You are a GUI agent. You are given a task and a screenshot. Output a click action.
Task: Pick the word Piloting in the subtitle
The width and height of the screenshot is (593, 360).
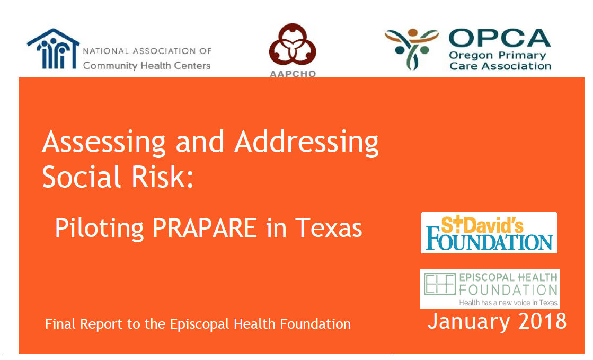[99, 229]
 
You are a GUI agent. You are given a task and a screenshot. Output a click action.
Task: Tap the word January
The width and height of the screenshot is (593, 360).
[469, 322]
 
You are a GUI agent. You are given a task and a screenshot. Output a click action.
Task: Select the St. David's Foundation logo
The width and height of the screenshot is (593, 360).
[489, 233]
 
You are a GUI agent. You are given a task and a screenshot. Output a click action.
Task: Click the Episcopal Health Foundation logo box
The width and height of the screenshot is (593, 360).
[489, 289]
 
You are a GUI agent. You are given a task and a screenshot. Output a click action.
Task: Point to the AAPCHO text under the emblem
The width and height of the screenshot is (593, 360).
[293, 74]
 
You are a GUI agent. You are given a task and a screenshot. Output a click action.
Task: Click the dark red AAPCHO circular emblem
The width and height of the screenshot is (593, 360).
[293, 45]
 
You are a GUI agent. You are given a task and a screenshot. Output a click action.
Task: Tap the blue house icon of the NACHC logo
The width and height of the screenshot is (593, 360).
[54, 49]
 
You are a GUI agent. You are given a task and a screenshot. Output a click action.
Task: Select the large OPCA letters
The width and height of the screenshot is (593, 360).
[500, 38]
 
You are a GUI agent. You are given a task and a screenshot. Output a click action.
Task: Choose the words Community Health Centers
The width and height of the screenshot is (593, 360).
[147, 66]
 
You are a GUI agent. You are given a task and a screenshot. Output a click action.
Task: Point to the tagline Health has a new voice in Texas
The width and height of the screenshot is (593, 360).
[509, 303]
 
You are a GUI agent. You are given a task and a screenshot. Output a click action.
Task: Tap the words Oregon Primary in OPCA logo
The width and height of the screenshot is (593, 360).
[498, 56]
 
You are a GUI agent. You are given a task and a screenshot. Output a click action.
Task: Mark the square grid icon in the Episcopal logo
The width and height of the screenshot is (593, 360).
[439, 284]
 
